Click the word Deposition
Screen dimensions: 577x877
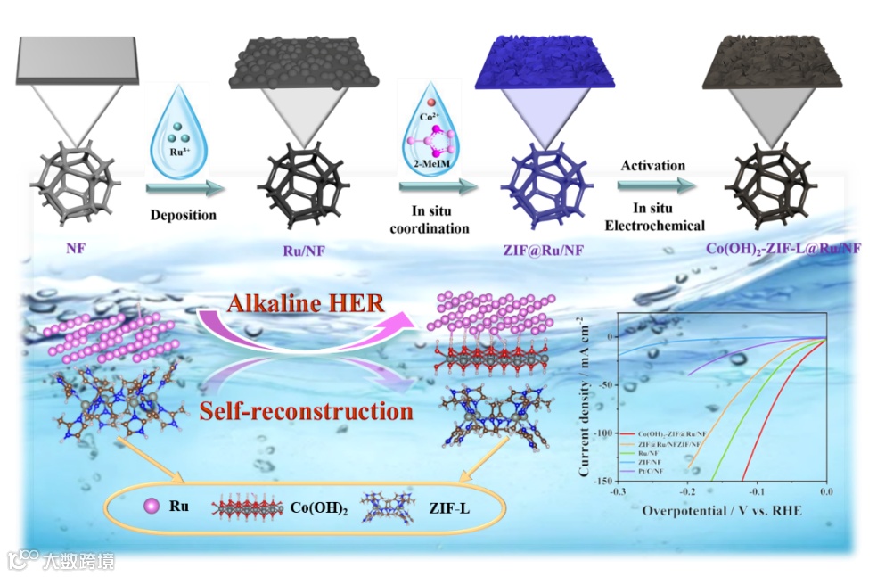pyautogui.click(x=183, y=215)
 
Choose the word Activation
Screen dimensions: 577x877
pyautogui.click(x=653, y=165)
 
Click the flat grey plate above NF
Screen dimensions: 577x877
pyautogui.click(x=77, y=61)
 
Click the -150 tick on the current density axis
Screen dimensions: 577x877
pyautogui.click(x=602, y=480)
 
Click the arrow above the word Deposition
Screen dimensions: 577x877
pyautogui.click(x=183, y=188)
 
